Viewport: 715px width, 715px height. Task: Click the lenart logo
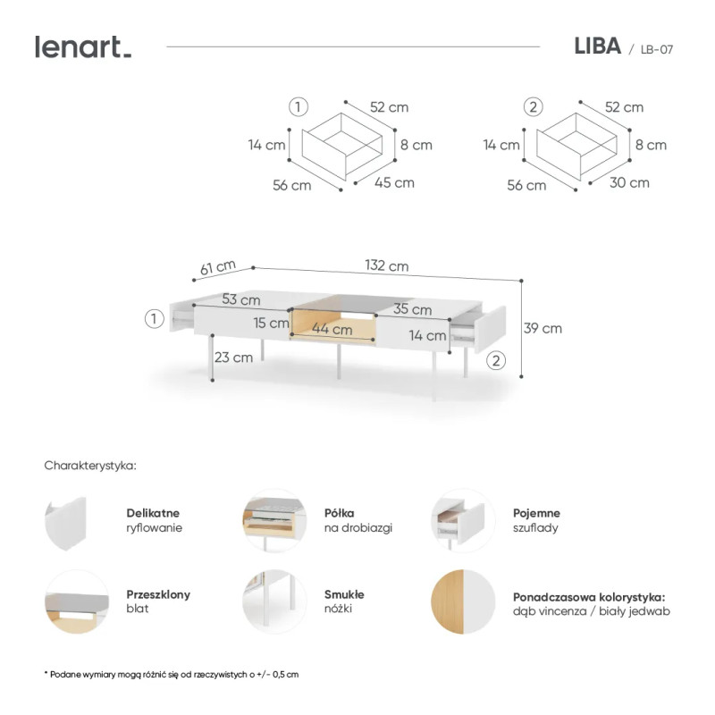[83, 47]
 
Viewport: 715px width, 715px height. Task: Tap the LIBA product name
[597, 46]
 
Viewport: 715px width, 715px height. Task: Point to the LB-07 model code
[657, 49]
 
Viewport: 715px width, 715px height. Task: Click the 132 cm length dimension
[387, 265]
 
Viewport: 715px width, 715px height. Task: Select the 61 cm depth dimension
[218, 267]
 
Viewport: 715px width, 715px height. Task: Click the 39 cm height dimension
[543, 328]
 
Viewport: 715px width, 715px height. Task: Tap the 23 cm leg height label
[233, 357]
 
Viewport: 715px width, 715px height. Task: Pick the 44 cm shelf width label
[332, 328]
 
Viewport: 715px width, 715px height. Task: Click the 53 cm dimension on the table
[241, 299]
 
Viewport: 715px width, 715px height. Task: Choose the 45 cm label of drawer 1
[394, 183]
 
